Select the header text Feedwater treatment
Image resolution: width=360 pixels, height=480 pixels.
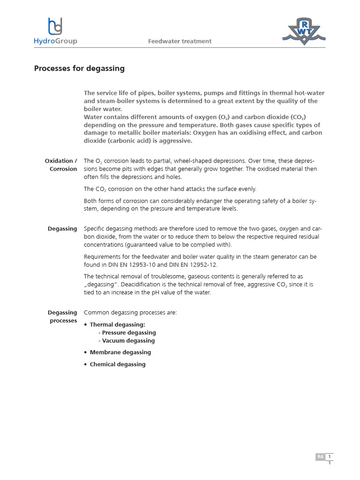[x=180, y=41]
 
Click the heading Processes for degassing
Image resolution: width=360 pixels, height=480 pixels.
[x=79, y=68]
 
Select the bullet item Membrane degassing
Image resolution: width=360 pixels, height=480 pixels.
[x=120, y=352]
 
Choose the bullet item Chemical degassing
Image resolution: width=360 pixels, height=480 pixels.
[x=118, y=364]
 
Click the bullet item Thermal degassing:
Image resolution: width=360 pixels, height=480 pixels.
[x=117, y=324]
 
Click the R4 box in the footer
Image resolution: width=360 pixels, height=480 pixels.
[x=320, y=457]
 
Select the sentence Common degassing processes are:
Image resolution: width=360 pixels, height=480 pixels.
[x=130, y=313]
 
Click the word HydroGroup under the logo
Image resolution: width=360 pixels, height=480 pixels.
[x=55, y=41]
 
